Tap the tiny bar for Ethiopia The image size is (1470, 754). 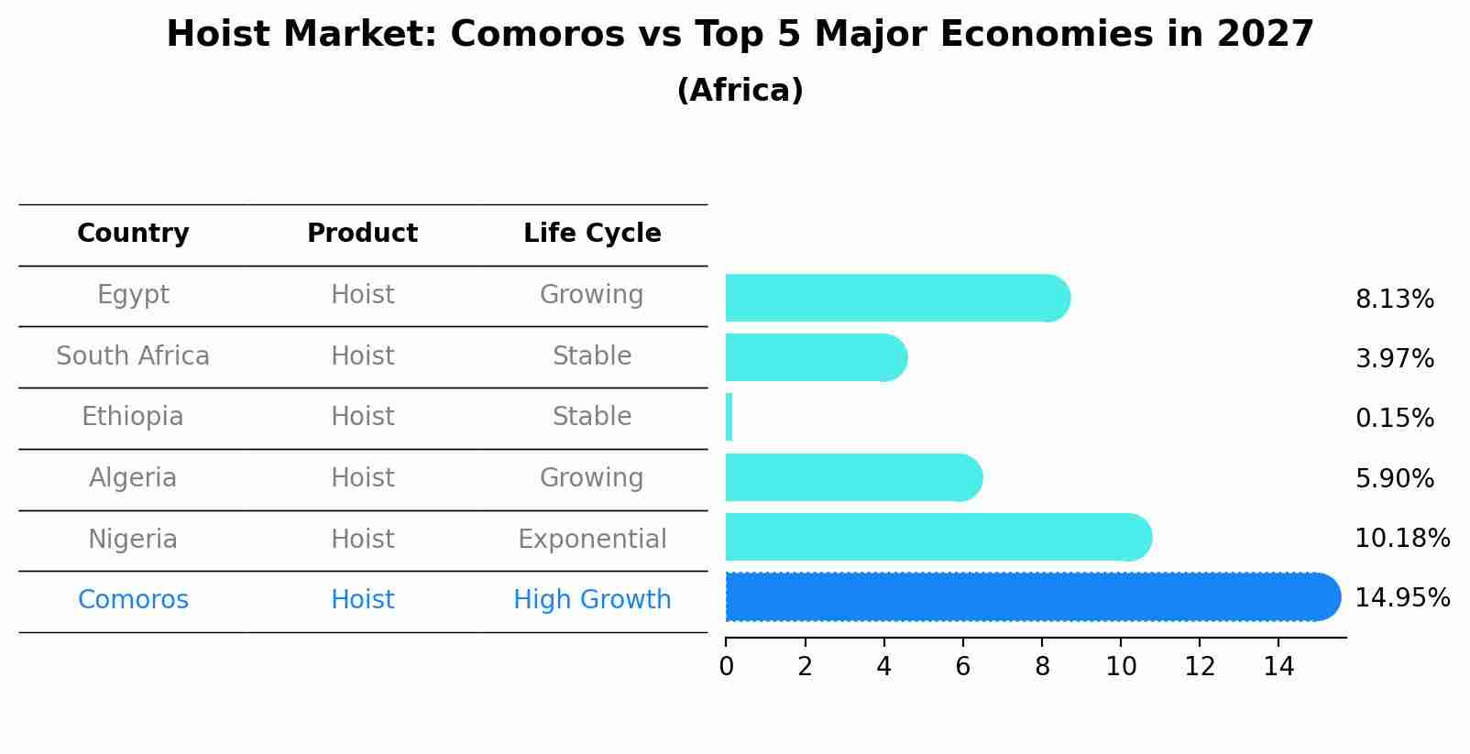[729, 418]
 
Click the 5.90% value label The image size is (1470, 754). [1394, 478]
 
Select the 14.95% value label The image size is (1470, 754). [1401, 598]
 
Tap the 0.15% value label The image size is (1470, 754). [1394, 419]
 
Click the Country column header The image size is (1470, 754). [133, 234]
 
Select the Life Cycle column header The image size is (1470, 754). [592, 234]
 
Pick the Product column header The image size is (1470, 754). [362, 234]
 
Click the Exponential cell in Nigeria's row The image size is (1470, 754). [592, 539]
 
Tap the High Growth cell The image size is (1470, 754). [592, 600]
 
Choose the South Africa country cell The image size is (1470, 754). [133, 356]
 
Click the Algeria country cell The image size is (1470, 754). [133, 478]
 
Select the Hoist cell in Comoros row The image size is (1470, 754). [362, 600]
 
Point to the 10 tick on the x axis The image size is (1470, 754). [1121, 667]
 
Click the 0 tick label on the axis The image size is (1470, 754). [726, 667]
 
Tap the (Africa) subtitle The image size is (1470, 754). [740, 91]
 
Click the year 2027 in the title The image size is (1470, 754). [1265, 35]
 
